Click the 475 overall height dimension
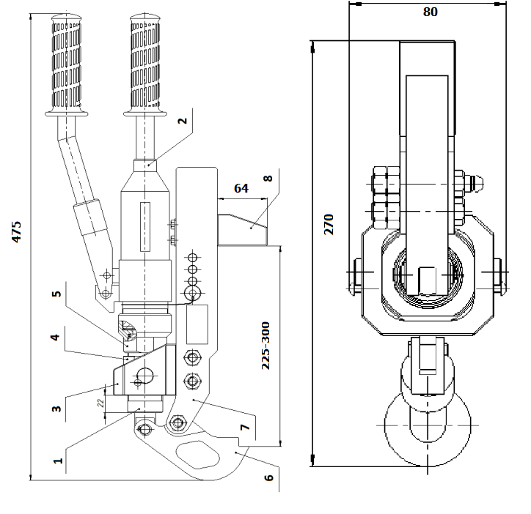click(x=16, y=231)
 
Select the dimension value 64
click(x=241, y=188)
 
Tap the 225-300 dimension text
click(x=265, y=346)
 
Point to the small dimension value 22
click(x=100, y=403)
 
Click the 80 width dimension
click(x=431, y=12)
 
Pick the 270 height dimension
click(x=329, y=224)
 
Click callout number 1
click(x=58, y=461)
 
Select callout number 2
click(x=182, y=120)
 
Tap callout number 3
click(x=56, y=409)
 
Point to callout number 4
click(x=55, y=337)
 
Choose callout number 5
click(x=56, y=294)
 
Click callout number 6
click(x=268, y=477)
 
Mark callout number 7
click(x=245, y=427)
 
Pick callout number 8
click(x=268, y=178)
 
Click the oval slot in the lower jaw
click(x=197, y=455)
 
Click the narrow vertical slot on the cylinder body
click(x=145, y=227)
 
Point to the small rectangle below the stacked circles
click(x=197, y=324)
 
